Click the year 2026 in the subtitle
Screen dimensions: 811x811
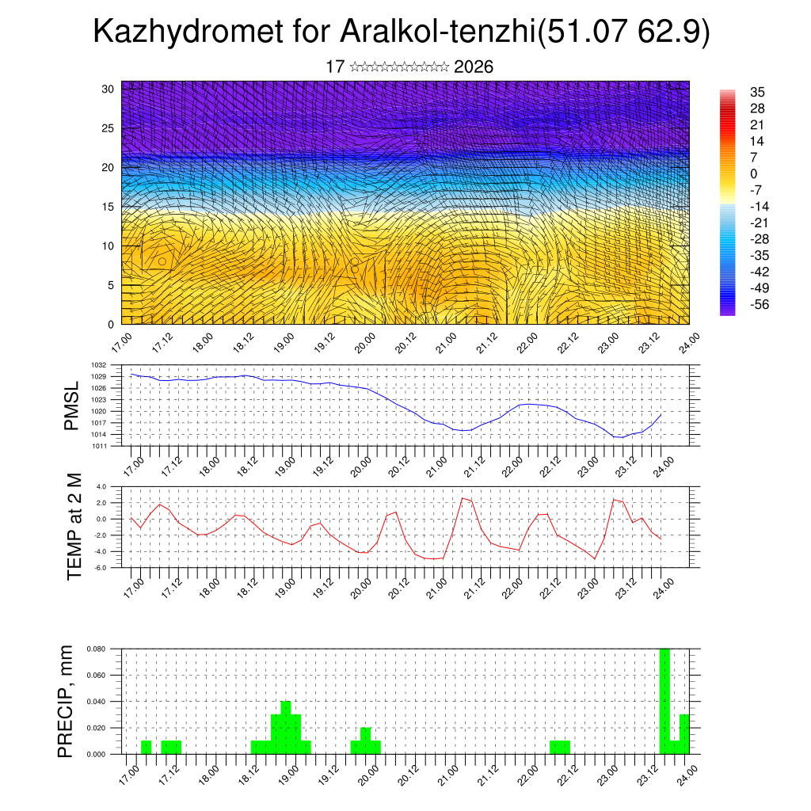pyautogui.click(x=474, y=67)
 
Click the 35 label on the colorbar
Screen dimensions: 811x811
pyautogui.click(x=758, y=92)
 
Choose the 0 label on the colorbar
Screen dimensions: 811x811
pyautogui.click(x=754, y=173)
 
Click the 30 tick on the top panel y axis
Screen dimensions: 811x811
pyautogui.click(x=109, y=89)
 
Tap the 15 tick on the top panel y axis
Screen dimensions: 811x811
pyautogui.click(x=109, y=207)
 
